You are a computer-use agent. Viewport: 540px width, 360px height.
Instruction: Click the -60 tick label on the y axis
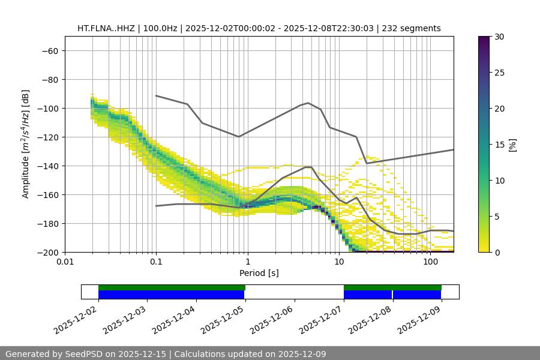49,50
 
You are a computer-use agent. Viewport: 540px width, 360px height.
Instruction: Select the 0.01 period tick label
65,262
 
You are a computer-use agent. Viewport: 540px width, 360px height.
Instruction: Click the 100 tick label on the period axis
430,262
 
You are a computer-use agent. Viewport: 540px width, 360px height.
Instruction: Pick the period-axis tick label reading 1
248,262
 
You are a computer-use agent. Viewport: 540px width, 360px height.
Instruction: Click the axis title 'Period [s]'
259,273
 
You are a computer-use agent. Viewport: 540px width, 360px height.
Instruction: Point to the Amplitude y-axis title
26,144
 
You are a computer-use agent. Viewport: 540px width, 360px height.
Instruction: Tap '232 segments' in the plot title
414,28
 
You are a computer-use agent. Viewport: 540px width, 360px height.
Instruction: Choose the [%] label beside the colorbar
512,145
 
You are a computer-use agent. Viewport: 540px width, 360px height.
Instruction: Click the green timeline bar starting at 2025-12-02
172,287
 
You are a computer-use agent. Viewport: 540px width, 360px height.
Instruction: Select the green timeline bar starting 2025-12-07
392,287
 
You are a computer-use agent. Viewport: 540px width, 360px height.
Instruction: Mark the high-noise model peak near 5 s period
308,103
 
